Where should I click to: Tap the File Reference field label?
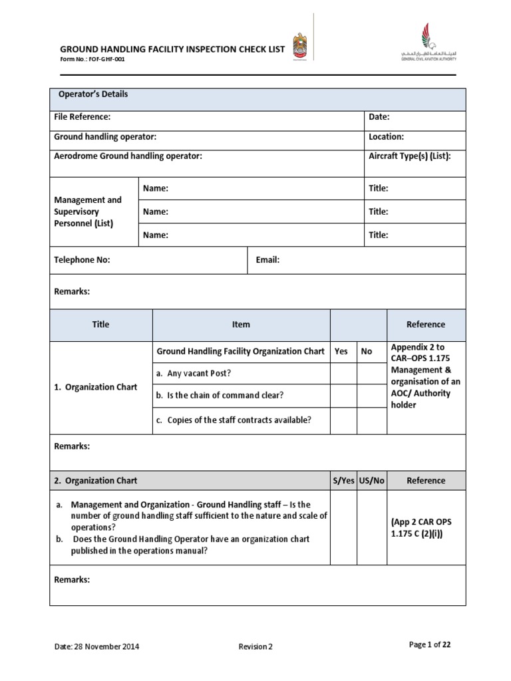82,117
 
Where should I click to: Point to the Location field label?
386,137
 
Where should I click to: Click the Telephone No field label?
82,260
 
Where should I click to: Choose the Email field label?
267,260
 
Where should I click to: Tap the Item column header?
241,325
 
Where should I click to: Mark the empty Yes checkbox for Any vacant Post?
343,373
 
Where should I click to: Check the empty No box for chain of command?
372,396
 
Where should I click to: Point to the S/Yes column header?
343,480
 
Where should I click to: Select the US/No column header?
372,480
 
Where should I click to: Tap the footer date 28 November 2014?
96,646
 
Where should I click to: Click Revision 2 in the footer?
255,646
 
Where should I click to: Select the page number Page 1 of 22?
432,644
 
